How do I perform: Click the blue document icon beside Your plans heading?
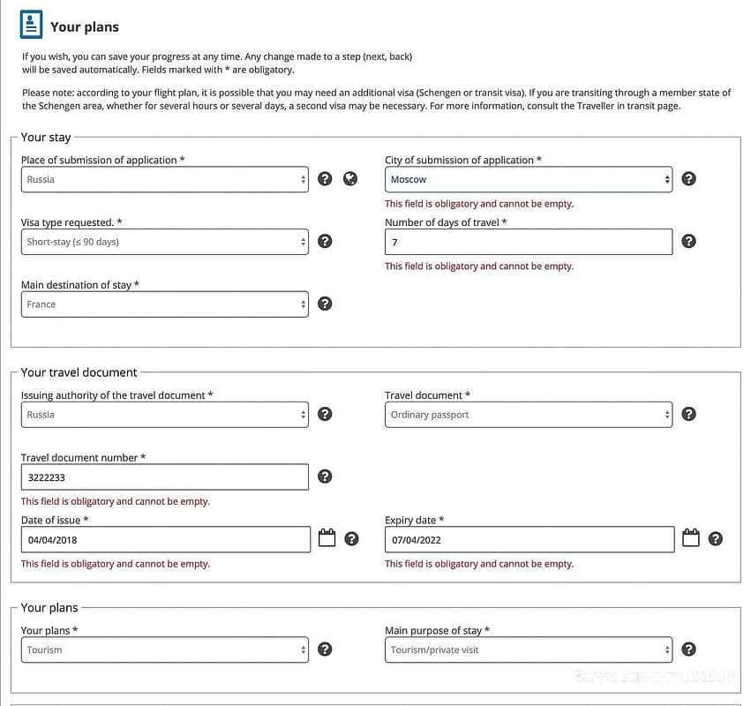click(x=31, y=25)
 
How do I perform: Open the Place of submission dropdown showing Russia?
click(x=165, y=179)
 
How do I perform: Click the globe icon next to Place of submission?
click(x=350, y=179)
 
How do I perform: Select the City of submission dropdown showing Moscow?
click(x=528, y=179)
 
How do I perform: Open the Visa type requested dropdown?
click(x=165, y=242)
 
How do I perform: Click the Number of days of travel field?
click(x=528, y=242)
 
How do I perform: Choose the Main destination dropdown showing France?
click(x=165, y=304)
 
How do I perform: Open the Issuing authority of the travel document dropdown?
click(x=165, y=415)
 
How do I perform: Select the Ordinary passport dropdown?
click(x=528, y=415)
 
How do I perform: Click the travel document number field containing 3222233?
click(x=165, y=477)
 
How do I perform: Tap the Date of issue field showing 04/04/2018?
click(x=165, y=539)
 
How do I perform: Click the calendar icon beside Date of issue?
click(x=327, y=538)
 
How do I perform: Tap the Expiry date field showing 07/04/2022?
click(x=529, y=539)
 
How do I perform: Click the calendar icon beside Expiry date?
click(x=690, y=538)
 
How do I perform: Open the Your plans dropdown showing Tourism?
click(x=165, y=650)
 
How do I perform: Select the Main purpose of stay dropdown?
click(x=528, y=650)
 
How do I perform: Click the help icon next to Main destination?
click(x=325, y=304)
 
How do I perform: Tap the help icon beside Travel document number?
click(x=325, y=477)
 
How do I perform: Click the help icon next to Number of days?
click(x=689, y=242)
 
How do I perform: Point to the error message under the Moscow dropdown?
click(x=479, y=204)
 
